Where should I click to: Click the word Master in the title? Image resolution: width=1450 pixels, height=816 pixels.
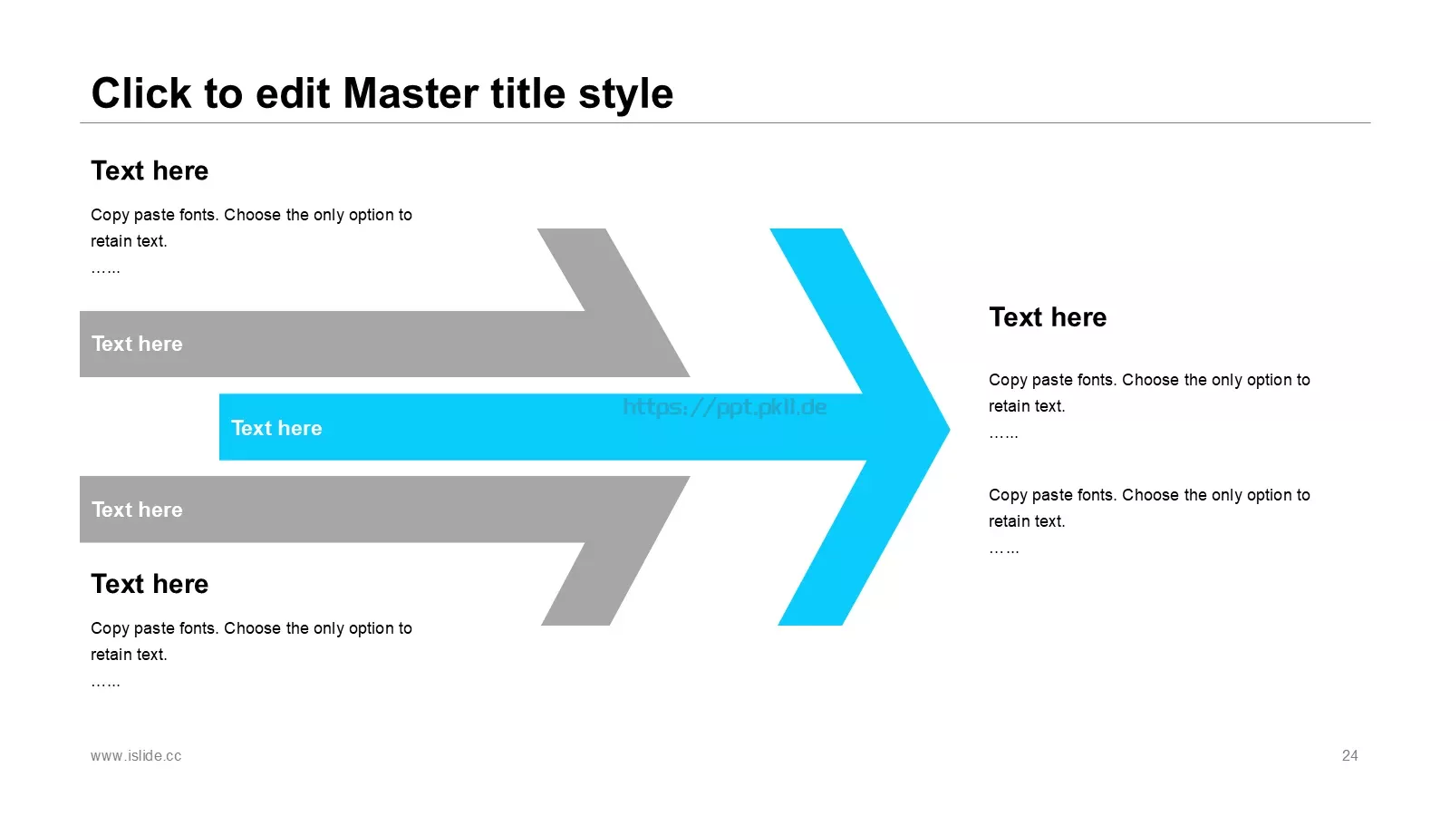(411, 93)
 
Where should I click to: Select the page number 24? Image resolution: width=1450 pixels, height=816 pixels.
(1349, 756)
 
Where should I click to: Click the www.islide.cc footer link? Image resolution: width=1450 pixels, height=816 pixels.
(136, 756)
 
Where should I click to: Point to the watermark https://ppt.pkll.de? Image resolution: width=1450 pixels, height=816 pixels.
(724, 407)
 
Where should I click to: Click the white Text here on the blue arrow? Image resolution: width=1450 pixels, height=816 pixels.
(276, 428)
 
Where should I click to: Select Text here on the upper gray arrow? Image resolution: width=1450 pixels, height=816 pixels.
(137, 344)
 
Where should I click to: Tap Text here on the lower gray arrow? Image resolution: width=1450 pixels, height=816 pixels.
(137, 510)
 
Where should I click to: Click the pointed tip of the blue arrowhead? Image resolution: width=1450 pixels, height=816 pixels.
(949, 429)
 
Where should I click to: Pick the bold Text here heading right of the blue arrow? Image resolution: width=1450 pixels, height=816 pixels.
(1048, 317)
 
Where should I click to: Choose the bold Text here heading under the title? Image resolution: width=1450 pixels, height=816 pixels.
(150, 171)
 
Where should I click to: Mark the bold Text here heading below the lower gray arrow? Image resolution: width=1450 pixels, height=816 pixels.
(150, 584)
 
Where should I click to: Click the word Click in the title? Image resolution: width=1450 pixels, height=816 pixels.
(141, 93)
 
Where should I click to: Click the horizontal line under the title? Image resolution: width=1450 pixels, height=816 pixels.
(725, 122)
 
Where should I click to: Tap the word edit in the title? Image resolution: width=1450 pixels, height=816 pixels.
(293, 93)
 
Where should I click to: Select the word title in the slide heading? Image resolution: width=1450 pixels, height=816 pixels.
(528, 93)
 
